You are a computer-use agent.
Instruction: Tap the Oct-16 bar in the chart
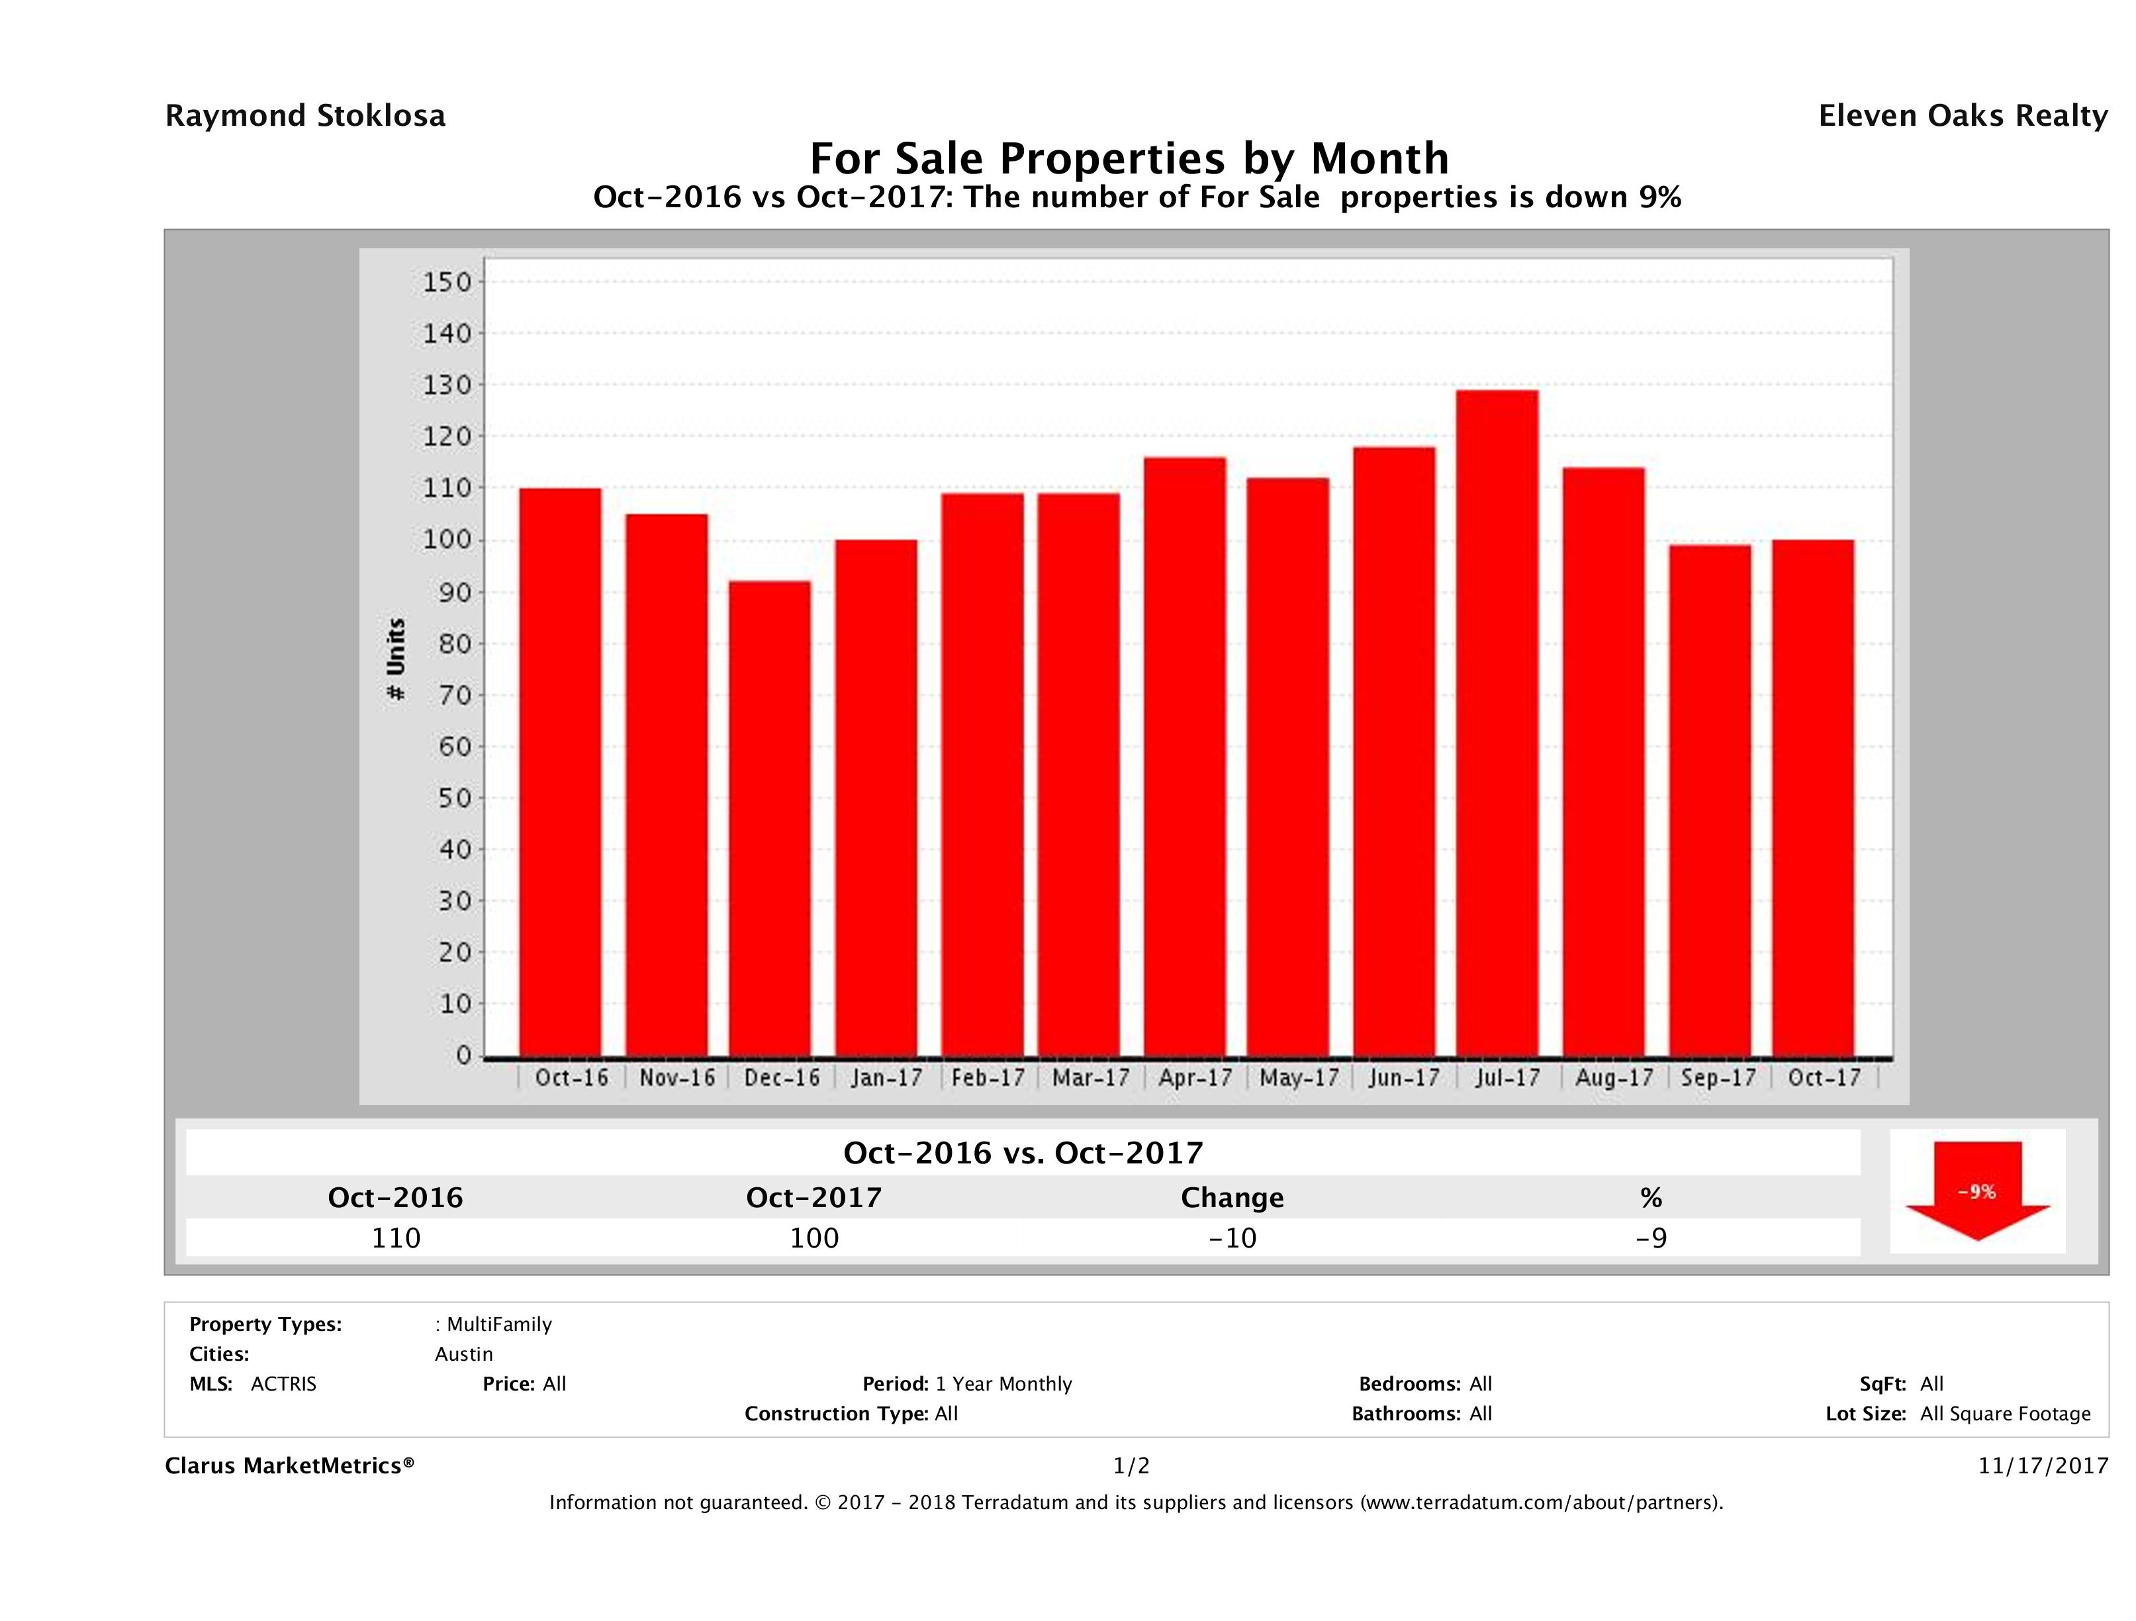pos(560,773)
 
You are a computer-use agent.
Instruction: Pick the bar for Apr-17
pos(1185,758)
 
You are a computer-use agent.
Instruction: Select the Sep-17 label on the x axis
pos(1718,1078)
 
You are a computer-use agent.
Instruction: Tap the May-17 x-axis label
pos(1299,1078)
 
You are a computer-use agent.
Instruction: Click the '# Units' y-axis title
pos(396,660)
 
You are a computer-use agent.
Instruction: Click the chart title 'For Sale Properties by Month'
pos(1129,158)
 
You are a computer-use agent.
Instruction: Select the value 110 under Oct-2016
pos(396,1238)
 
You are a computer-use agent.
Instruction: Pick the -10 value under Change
pos(1232,1238)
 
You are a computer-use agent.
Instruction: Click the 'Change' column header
pos(1232,1198)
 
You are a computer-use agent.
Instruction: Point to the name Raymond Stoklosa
pos(305,116)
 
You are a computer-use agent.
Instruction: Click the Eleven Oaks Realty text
pos(1962,116)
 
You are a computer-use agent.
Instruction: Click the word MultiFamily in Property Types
pos(498,1324)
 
